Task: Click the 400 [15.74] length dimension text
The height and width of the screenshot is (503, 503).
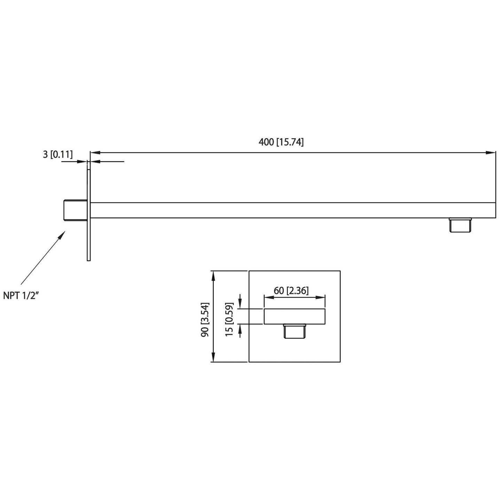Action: (x=281, y=142)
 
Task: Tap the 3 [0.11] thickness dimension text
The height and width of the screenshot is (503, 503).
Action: (x=58, y=155)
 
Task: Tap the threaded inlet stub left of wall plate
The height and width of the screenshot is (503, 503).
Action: (x=75, y=210)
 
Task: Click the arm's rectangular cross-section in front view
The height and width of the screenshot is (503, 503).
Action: (x=294, y=316)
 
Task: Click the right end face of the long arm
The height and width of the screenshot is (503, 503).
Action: (x=495, y=210)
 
